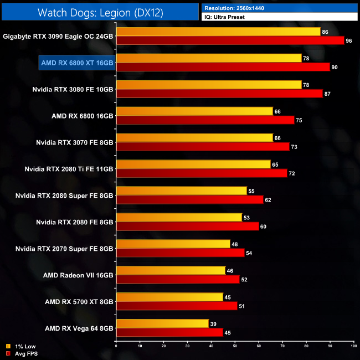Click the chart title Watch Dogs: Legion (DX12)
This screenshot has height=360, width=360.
click(100, 12)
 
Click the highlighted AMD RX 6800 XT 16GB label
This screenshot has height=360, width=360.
click(77, 63)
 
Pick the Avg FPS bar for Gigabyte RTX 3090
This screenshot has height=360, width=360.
click(230, 40)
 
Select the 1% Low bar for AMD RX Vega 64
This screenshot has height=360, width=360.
click(162, 323)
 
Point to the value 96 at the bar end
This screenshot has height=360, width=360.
click(348, 40)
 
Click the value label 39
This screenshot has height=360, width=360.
click(213, 323)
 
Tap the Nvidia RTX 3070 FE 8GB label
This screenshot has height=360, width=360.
click(74, 142)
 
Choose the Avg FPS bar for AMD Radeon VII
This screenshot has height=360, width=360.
click(178, 279)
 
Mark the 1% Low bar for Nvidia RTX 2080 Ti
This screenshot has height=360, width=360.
click(193, 164)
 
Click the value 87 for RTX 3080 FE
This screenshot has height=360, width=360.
click(327, 94)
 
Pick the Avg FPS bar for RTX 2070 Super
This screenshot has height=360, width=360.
click(180, 253)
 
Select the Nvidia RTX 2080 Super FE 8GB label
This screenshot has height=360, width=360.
click(65, 195)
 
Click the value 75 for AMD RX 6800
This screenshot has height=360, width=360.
click(299, 120)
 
